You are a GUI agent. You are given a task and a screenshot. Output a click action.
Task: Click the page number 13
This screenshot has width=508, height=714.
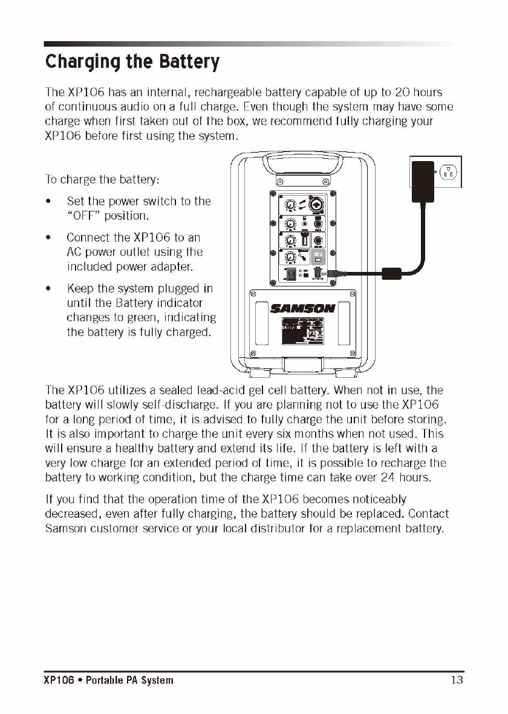coord(457,680)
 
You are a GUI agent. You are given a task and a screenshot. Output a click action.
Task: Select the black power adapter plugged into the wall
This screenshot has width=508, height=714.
coord(423,180)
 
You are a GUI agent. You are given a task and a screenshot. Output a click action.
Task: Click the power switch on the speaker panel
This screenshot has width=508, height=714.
coord(291,274)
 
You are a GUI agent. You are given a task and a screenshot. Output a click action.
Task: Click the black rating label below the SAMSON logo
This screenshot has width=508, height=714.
coord(302,332)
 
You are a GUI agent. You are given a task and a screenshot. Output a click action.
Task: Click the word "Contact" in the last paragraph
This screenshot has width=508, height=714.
coord(428,514)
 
